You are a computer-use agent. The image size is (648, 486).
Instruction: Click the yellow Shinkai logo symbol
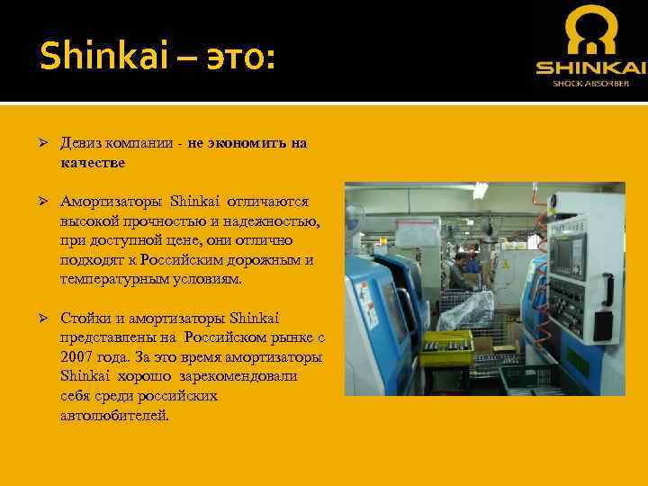(589, 34)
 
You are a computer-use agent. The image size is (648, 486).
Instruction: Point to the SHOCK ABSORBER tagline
(590, 84)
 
